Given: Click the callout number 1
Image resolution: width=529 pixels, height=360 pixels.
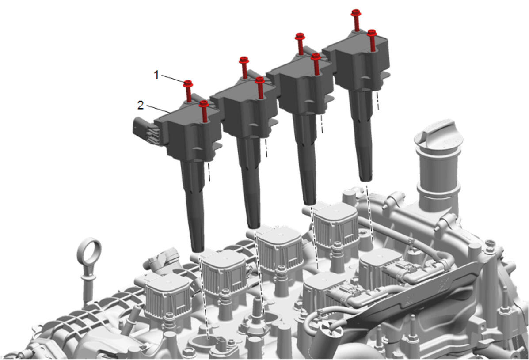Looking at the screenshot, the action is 156,75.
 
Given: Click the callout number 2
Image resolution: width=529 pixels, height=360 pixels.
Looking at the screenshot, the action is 141,105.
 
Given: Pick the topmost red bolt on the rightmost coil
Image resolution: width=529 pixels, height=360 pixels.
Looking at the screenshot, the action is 356,20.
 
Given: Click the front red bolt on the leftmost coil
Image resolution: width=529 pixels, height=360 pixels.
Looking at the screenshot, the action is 204,111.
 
